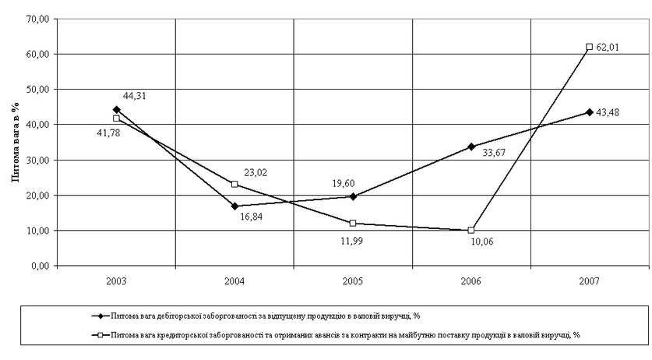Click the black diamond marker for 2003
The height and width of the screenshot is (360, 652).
(x=117, y=109)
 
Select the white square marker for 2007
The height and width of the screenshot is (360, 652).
(x=589, y=48)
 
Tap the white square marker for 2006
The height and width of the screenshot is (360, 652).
(x=471, y=230)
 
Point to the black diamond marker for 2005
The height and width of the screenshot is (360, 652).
(x=353, y=196)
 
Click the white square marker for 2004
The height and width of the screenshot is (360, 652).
(x=234, y=185)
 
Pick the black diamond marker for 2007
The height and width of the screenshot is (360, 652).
(x=589, y=112)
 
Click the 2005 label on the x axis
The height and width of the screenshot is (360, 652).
(x=353, y=278)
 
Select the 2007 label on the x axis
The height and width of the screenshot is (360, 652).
(x=589, y=278)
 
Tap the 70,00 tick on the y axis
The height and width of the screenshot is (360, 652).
(x=37, y=18)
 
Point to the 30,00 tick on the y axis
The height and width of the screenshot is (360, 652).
(x=37, y=160)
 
